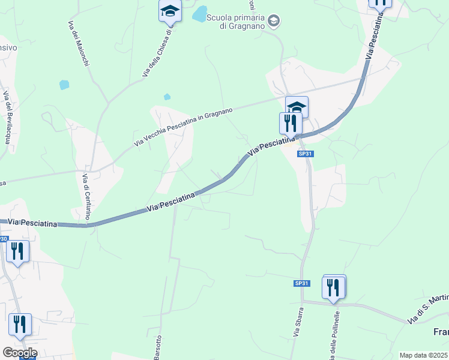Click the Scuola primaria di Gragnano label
point(235,22)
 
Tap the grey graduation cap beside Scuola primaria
point(274,22)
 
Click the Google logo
point(19,353)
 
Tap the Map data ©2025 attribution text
point(424,355)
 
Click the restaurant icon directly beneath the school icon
point(291,123)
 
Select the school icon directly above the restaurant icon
point(297,107)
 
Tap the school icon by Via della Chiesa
point(170,11)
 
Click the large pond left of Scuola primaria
point(199,14)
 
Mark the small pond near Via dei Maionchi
point(64,85)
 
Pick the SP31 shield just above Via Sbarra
point(301,283)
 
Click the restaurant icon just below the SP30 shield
point(17,251)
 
